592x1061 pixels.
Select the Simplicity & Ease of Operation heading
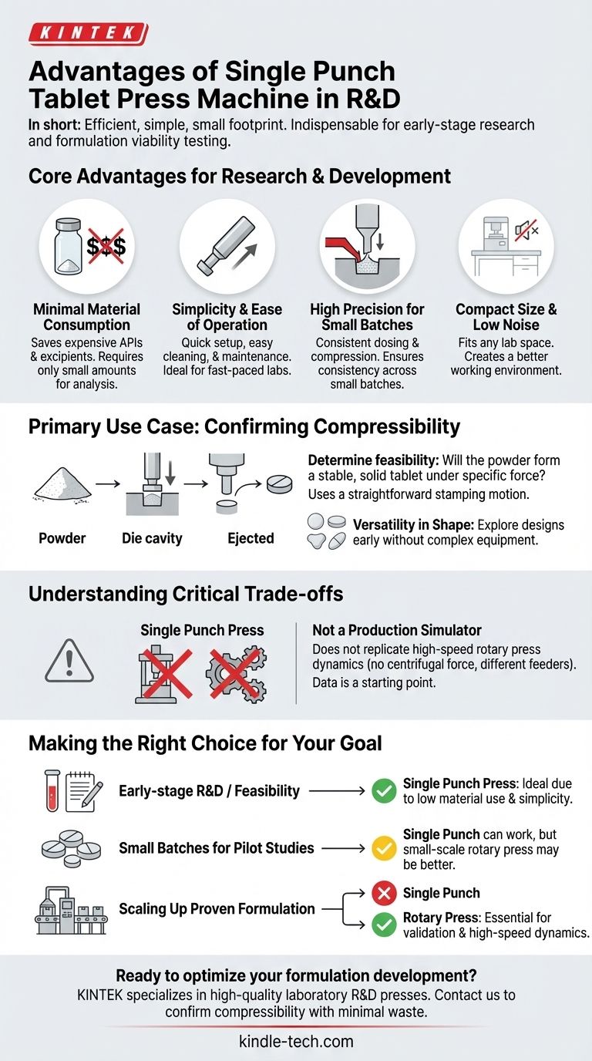click(x=227, y=317)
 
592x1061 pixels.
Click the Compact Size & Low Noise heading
click(x=506, y=317)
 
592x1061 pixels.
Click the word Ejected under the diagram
click(x=251, y=538)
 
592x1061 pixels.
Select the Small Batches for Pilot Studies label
click(x=217, y=848)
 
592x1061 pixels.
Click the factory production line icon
click(x=70, y=910)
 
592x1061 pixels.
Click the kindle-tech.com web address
click(x=296, y=1041)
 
